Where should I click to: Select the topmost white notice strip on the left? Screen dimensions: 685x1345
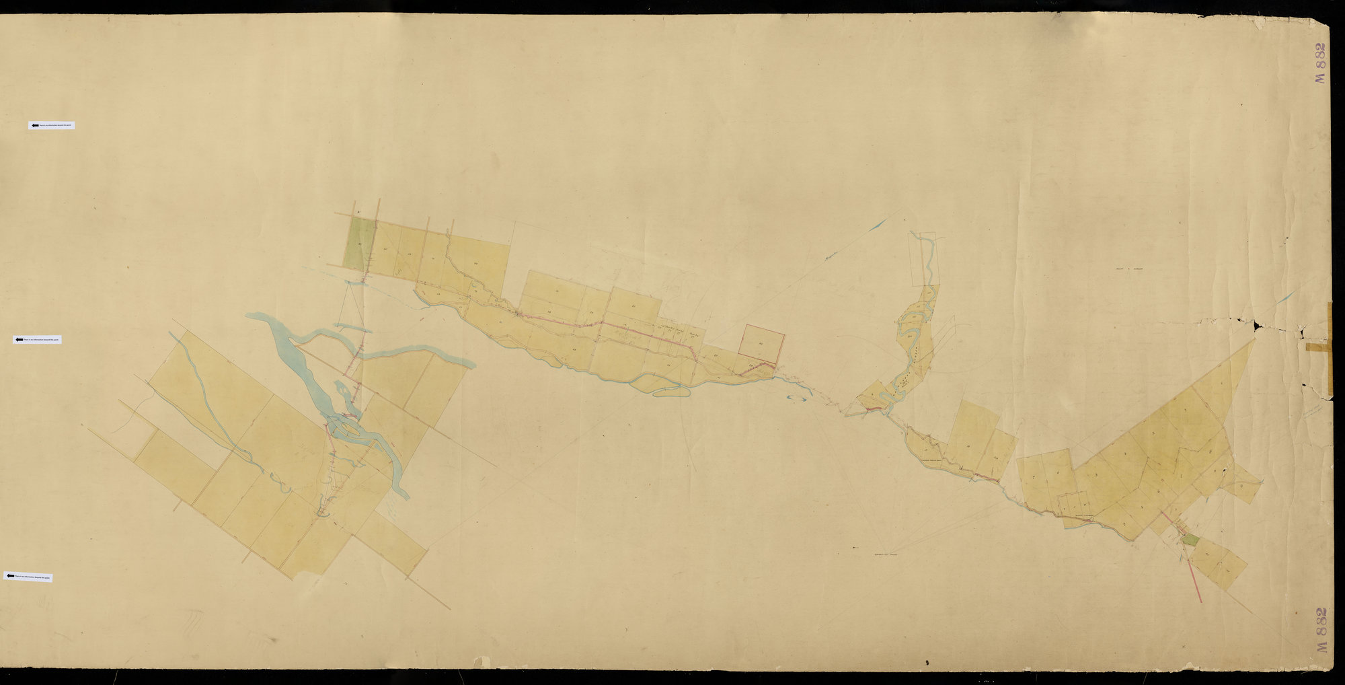pos(51,125)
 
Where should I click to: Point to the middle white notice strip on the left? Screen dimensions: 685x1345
pos(37,340)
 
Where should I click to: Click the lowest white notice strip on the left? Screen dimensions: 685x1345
pos(28,577)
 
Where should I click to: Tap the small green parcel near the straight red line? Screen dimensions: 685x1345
pos(1190,538)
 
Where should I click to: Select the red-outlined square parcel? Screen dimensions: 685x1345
pos(761,340)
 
